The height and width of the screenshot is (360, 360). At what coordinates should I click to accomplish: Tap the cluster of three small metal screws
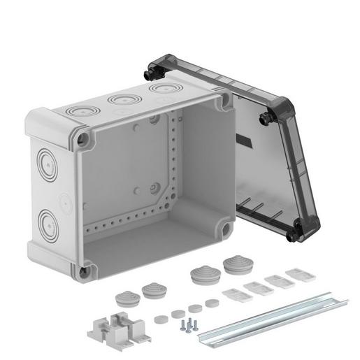pos(189,324)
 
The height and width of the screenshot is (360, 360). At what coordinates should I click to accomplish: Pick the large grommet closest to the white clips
pos(233,265)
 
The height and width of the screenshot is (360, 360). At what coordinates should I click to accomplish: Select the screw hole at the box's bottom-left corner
pos(83,268)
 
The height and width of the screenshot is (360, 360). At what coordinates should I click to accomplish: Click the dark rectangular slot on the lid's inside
pos(247,144)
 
